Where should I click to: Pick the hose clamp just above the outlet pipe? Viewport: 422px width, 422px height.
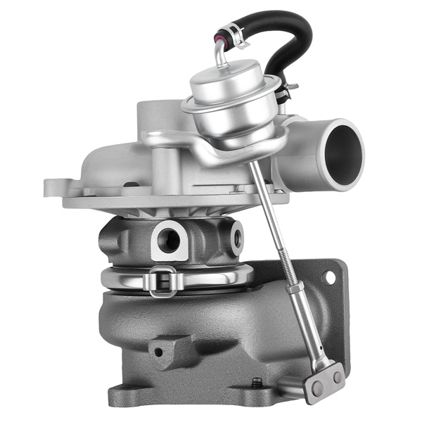click(x=287, y=90)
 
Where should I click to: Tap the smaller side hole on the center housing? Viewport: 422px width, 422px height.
click(x=236, y=237)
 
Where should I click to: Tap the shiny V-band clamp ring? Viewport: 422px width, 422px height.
click(x=211, y=277)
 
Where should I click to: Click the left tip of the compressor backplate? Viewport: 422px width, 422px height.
click(x=48, y=188)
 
